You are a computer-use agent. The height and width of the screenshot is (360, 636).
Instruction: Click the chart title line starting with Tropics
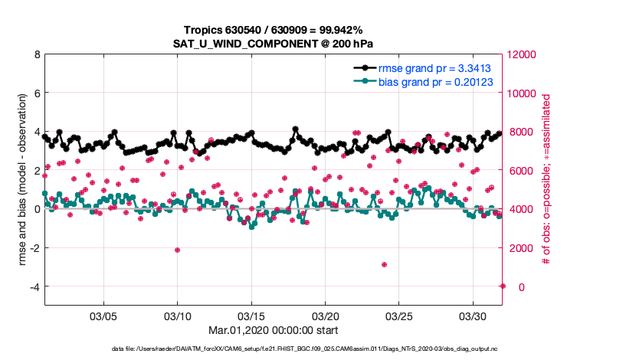click(x=273, y=29)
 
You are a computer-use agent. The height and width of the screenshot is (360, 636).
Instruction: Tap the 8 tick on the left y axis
click(x=37, y=54)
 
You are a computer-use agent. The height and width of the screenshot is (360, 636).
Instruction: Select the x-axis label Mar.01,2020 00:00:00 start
click(x=273, y=332)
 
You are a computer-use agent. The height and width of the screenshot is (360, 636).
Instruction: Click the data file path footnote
click(x=273, y=350)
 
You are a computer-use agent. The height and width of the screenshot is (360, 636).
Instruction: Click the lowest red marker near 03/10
click(x=177, y=250)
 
